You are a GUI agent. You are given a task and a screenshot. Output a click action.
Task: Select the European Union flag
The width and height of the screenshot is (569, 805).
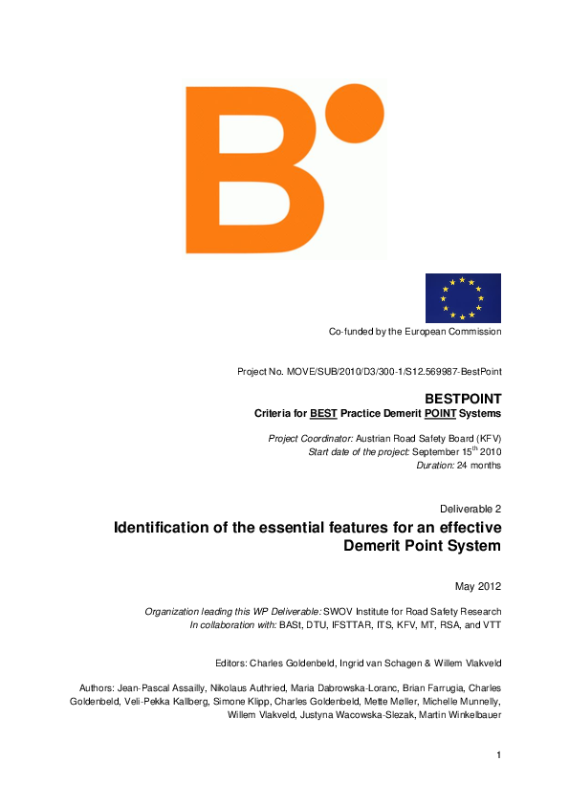(x=463, y=297)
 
